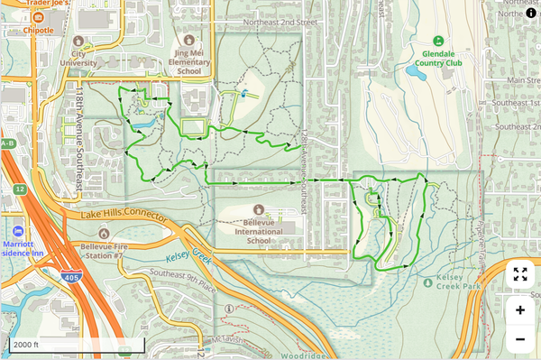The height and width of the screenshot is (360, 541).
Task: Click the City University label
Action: pyautogui.click(x=78, y=58)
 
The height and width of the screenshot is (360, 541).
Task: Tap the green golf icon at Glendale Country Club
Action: pyautogui.click(x=438, y=41)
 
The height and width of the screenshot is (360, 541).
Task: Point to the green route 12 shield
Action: pyautogui.click(x=18, y=189)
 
